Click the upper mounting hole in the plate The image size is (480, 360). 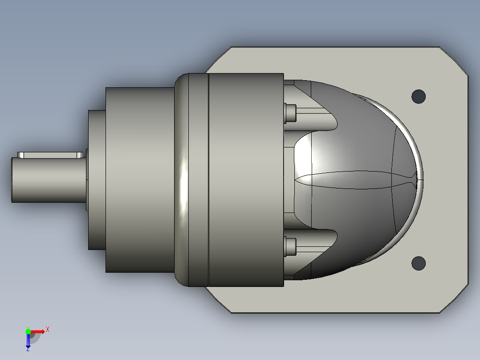coord(419,96)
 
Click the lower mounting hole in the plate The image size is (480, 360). coord(419,263)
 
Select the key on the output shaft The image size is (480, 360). coord(50,155)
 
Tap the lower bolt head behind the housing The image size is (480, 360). coord(290,246)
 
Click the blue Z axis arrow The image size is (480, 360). coord(28,341)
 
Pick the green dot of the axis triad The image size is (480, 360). coord(28,331)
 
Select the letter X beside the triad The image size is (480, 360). coord(48,330)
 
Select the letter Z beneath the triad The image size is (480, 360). coord(28,350)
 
